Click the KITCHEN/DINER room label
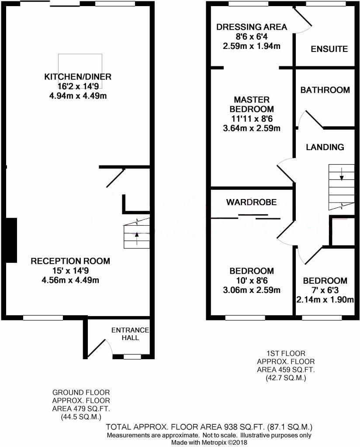coord(78,77)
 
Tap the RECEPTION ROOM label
coord(70,261)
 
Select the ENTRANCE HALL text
coord(130,334)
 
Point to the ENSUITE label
coord(329,49)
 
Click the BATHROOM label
coord(325,90)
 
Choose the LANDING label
coord(325,147)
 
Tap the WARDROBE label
coord(251,202)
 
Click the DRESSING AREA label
coord(252,27)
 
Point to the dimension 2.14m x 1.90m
coord(325,299)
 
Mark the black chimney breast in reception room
coord(11,240)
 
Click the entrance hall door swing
coord(103,347)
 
